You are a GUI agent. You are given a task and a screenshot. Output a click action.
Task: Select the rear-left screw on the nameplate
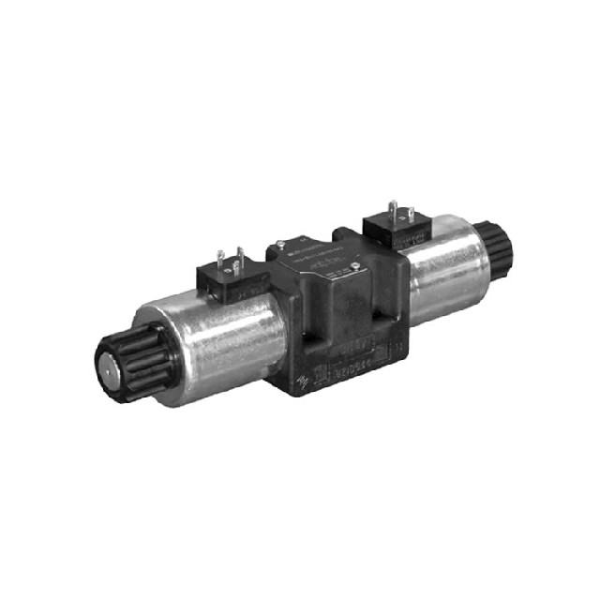pos(280,247)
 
